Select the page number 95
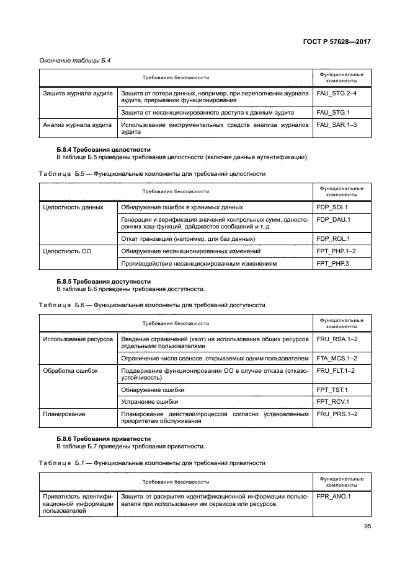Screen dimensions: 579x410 click(367, 528)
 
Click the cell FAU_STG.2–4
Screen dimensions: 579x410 click(336, 94)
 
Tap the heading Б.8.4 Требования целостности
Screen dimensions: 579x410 click(103, 150)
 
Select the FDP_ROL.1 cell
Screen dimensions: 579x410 click(334, 238)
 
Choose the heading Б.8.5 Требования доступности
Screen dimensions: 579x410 click(103, 282)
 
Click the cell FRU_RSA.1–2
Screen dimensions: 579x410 click(337, 339)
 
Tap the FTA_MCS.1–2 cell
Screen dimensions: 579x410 click(337, 358)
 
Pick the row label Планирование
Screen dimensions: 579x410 click(64, 413)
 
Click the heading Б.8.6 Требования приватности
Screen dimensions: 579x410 click(104, 438)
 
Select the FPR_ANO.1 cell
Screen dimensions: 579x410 click(334, 496)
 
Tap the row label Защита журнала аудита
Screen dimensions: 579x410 click(78, 94)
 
